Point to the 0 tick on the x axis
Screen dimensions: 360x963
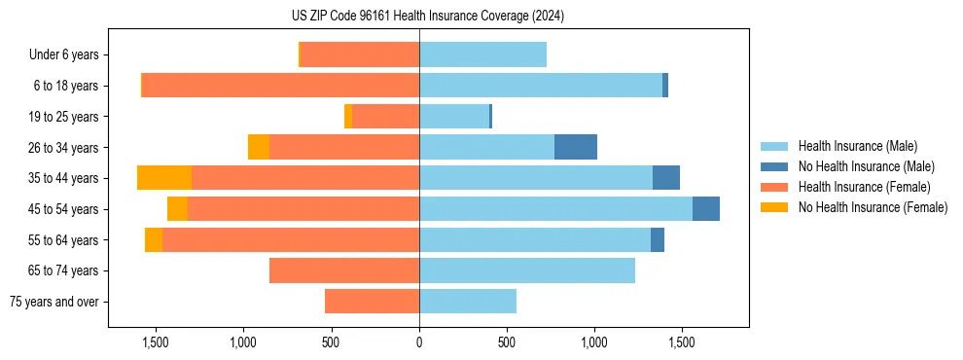click(419, 342)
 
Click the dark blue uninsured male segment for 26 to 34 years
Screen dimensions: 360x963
click(576, 147)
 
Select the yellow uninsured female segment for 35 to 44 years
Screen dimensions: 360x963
click(164, 178)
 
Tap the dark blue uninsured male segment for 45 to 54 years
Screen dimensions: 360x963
click(706, 209)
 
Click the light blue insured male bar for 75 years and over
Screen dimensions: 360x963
click(468, 302)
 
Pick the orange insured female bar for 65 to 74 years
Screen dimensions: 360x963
click(344, 270)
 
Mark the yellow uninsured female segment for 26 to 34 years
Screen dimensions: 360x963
click(259, 147)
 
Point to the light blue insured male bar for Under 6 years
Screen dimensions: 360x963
click(482, 54)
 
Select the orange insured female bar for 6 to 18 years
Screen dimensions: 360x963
click(281, 86)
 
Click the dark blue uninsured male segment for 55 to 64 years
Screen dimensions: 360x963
click(658, 239)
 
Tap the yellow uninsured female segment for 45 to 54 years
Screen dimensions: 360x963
click(177, 209)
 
